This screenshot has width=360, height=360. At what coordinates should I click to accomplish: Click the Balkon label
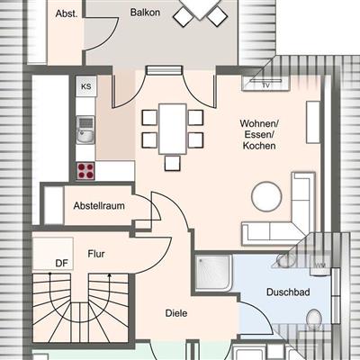(145, 13)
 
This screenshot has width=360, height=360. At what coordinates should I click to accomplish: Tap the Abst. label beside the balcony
(67, 13)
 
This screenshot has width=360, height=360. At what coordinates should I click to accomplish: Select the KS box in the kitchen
(86, 86)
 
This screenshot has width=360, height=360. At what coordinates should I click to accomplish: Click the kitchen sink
(85, 130)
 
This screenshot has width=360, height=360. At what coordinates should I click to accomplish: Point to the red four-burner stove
(85, 171)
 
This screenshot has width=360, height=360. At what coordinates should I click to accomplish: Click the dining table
(173, 129)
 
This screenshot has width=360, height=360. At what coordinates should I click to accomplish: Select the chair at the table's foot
(173, 163)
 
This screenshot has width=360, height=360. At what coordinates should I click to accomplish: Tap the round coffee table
(266, 196)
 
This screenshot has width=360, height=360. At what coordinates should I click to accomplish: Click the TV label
(265, 85)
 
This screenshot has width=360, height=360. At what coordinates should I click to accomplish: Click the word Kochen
(259, 146)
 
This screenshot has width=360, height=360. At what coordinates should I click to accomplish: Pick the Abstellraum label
(99, 206)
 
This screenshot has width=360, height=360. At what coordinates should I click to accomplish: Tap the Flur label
(96, 254)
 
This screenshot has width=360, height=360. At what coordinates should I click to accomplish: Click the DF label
(62, 264)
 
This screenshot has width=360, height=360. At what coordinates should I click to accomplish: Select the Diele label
(176, 313)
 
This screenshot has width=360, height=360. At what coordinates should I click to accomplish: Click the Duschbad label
(288, 292)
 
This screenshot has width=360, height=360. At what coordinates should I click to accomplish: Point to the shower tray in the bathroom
(213, 273)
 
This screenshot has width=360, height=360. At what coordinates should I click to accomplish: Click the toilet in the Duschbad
(314, 319)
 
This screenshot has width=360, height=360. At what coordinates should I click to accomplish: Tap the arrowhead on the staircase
(110, 275)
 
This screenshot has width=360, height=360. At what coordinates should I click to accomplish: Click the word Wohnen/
(259, 123)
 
